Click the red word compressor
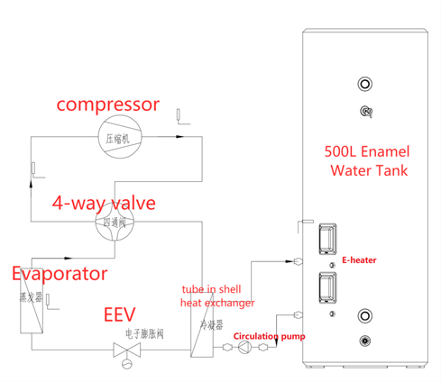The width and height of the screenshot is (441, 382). tap(107, 105)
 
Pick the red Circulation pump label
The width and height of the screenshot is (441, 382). tap(270, 337)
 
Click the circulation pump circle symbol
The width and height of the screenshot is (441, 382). tap(244, 350)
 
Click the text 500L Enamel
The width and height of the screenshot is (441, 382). tap(367, 151)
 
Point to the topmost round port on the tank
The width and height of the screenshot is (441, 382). tap(365, 85)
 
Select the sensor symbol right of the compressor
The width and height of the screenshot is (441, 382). tap(179, 115)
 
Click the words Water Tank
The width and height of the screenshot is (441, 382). tap(367, 169)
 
